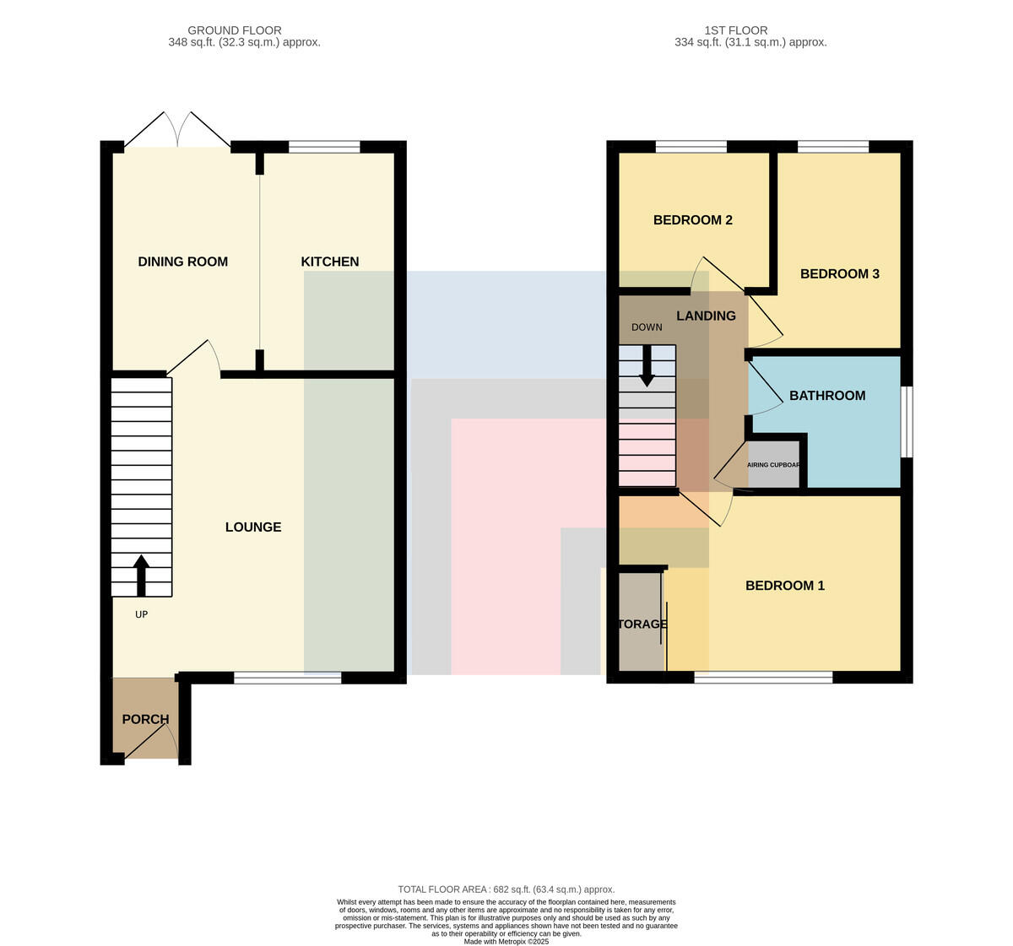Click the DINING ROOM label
click(182, 262)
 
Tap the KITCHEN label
click(329, 262)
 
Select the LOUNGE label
click(253, 527)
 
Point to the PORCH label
click(145, 719)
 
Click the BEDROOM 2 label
click(693, 219)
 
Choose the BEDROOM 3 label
click(840, 274)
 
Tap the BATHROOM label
click(827, 395)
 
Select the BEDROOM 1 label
click(785, 586)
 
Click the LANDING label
click(706, 316)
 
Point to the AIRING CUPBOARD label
click(773, 465)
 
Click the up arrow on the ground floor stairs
click(141, 576)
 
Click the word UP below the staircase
click(141, 614)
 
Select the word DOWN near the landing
click(647, 327)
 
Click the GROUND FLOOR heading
click(235, 30)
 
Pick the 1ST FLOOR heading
click(736, 30)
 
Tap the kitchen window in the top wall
click(324, 147)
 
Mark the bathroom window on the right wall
click(907, 422)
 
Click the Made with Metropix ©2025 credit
click(506, 942)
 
